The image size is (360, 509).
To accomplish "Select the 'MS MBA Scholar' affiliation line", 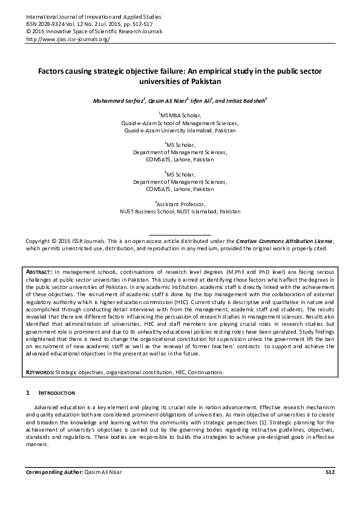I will [x=180, y=114].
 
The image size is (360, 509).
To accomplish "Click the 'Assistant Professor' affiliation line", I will [x=180, y=205].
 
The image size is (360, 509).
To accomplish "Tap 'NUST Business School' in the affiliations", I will [x=147, y=212].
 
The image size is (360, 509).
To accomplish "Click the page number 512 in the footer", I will [x=330, y=472].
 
